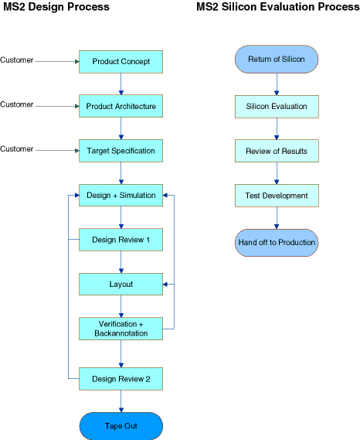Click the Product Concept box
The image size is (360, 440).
point(121,62)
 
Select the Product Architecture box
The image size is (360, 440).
point(121,106)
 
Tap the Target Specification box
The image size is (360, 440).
point(121,151)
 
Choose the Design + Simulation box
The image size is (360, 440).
point(121,196)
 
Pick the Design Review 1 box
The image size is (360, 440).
point(121,240)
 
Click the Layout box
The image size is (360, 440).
point(121,285)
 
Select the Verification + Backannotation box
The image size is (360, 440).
point(121,329)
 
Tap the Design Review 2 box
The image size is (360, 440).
point(121,379)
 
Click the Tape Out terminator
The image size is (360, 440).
point(121,426)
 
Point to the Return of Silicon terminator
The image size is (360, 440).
point(277,60)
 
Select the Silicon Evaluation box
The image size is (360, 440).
point(277,107)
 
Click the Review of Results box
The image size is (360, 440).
point(277,151)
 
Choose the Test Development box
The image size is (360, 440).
point(277,196)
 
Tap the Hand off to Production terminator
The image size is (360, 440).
point(277,243)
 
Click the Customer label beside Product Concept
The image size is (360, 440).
point(16,60)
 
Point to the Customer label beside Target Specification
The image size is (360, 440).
point(16,149)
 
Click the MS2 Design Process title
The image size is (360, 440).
point(56,7)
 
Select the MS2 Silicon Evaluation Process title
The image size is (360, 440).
point(277,7)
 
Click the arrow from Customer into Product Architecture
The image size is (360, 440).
point(57,106)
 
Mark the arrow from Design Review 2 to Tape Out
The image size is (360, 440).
point(121,401)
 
